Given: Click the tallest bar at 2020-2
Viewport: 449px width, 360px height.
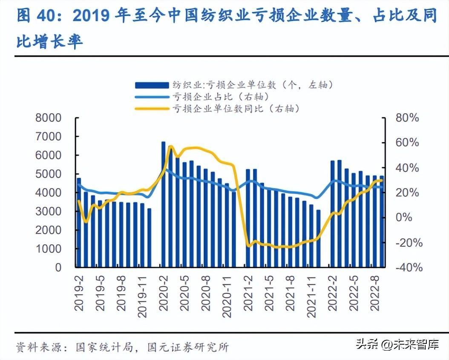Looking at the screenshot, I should pos(163,204).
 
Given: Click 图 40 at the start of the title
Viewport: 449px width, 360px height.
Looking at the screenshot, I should pos(37,16).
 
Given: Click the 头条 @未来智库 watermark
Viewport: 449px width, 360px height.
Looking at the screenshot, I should pos(397,344).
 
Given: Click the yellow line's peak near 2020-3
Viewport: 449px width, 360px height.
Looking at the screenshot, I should pos(170,147).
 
